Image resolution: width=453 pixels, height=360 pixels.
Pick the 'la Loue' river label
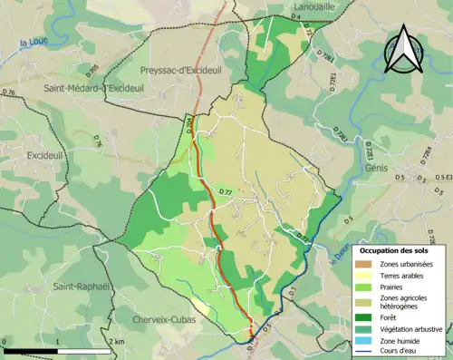coord(31,42)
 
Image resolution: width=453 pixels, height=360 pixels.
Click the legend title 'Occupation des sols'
coord(400,249)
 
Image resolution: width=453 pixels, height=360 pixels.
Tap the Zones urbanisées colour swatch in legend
coord(367,264)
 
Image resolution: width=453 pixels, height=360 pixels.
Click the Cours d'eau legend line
coord(367,351)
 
